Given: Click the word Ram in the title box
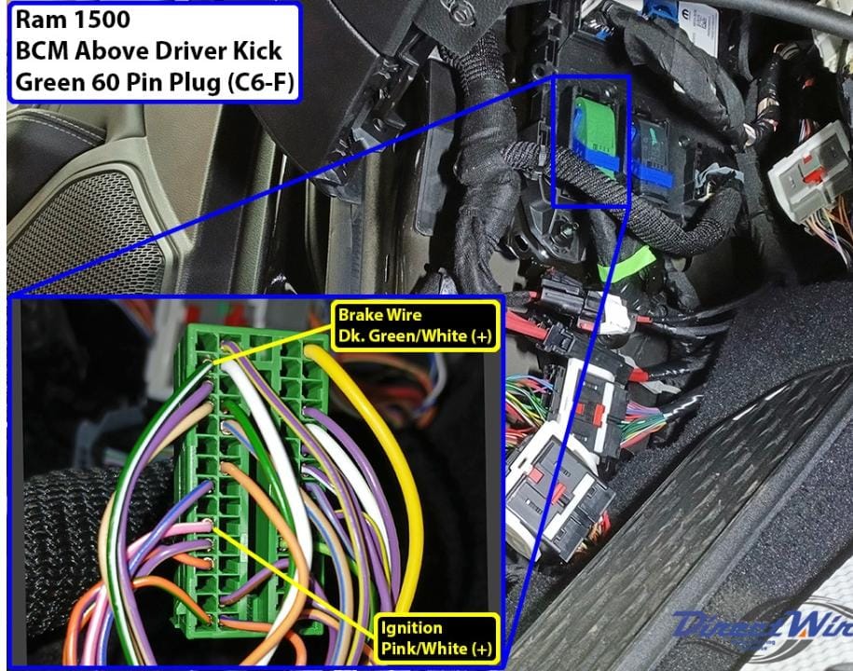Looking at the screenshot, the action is click(x=40, y=20).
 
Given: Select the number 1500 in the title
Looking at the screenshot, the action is click(x=102, y=20).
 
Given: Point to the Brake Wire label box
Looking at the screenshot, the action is click(x=415, y=325).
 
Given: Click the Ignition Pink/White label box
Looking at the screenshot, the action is click(x=437, y=638).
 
